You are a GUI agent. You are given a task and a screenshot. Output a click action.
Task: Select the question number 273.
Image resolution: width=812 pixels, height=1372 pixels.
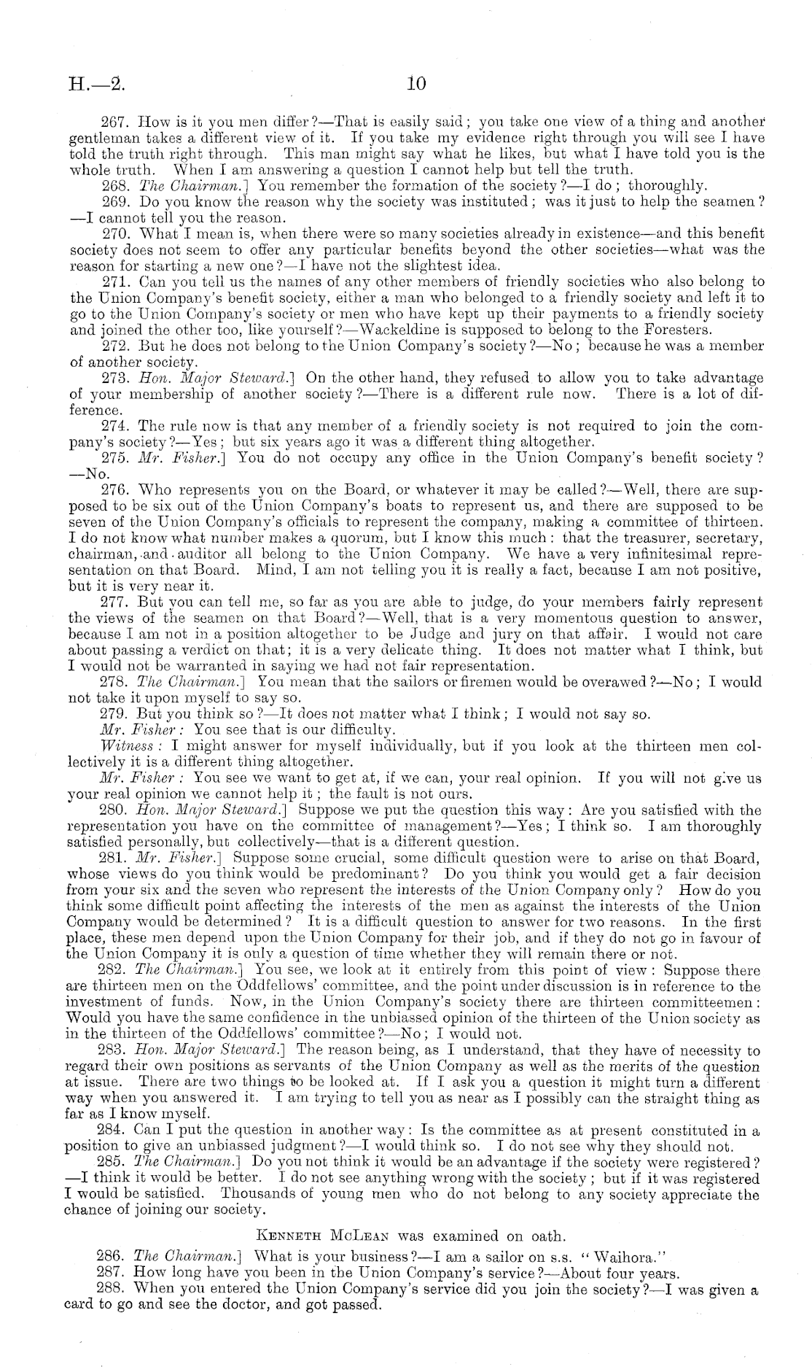(112, 378)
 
